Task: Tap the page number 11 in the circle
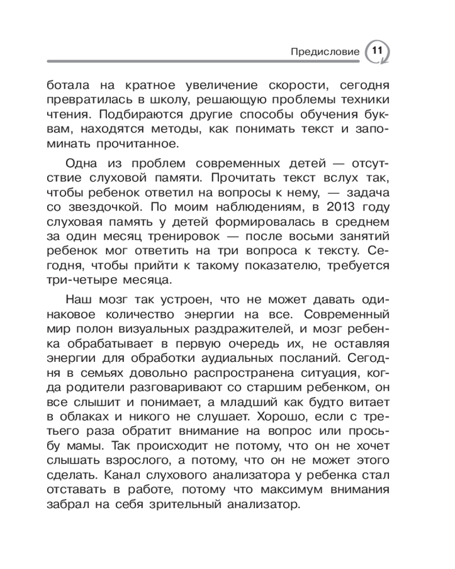(x=377, y=50)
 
